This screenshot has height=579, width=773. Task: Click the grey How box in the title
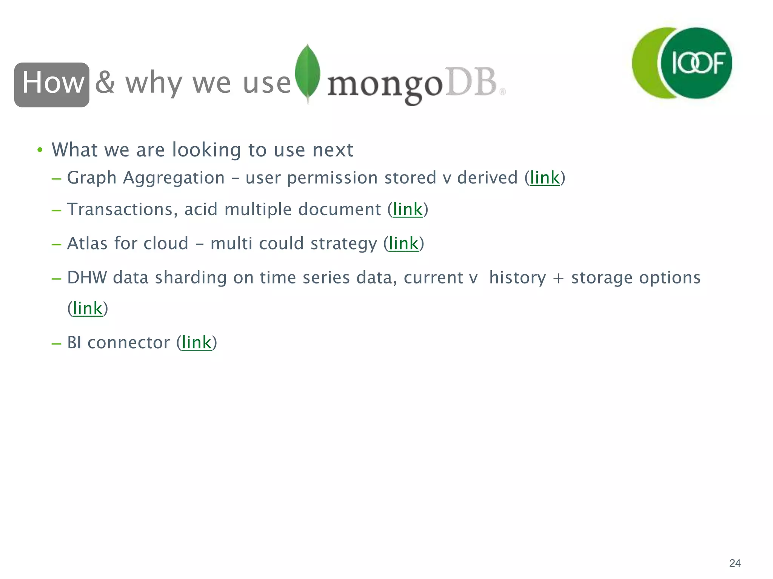(x=52, y=84)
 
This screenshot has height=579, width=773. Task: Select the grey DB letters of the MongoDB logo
(x=471, y=82)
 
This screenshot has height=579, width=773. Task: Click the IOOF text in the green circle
(x=698, y=63)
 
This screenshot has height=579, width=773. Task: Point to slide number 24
(x=735, y=563)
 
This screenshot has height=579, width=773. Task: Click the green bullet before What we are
(x=40, y=150)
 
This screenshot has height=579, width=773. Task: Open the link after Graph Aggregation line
(x=545, y=178)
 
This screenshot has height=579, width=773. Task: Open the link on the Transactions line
(x=408, y=210)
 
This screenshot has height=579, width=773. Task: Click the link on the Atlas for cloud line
(x=403, y=244)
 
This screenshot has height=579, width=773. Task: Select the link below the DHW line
(x=88, y=309)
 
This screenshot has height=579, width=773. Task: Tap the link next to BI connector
(x=196, y=343)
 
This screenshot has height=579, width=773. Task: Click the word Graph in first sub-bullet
(x=91, y=178)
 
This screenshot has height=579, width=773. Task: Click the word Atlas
(x=87, y=244)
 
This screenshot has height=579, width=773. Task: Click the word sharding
(x=190, y=278)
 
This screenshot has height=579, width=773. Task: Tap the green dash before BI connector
(x=56, y=343)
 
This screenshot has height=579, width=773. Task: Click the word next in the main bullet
(x=333, y=150)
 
